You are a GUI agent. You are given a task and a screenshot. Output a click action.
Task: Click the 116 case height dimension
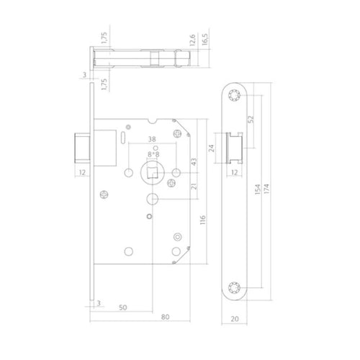pos(203,220)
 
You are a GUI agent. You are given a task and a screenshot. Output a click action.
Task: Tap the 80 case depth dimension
pos(165,317)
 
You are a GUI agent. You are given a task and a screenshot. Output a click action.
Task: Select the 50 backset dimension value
pos(122,307)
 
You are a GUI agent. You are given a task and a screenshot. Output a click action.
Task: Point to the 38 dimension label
pos(152,139)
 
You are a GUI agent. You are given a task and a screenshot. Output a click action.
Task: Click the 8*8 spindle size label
pos(153,154)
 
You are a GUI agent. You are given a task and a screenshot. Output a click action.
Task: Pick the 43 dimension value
pos(194,161)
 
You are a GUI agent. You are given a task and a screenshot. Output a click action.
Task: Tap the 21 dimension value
pos(194,186)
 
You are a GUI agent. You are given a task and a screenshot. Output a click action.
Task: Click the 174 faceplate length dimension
pos(266,189)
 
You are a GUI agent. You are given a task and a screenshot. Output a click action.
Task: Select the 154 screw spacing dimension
pos(258,189)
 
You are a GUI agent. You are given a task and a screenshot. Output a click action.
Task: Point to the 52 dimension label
pos(251,120)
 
